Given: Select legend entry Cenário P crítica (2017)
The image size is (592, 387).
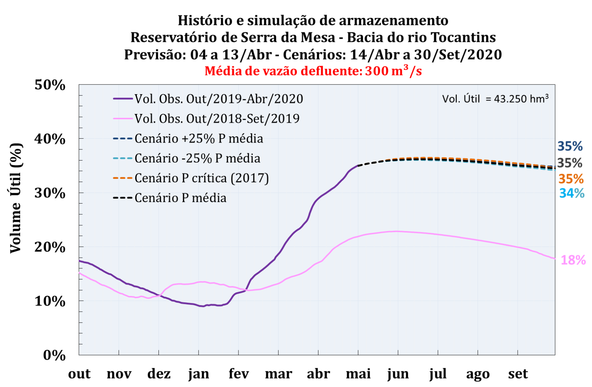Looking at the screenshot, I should click(x=202, y=178).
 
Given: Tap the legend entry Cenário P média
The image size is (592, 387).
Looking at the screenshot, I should click(x=180, y=198).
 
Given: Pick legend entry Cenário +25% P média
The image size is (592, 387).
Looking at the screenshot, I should click(x=199, y=139).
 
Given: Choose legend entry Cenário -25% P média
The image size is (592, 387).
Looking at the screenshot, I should click(x=197, y=158).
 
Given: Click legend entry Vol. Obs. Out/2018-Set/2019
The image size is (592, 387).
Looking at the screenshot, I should click(x=217, y=119).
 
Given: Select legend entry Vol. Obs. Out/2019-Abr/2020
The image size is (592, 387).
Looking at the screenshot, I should click(x=219, y=99).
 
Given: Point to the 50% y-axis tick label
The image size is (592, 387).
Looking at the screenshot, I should click(x=50, y=85).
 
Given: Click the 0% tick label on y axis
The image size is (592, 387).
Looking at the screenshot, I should click(x=54, y=355).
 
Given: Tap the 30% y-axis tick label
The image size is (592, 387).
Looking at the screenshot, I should click(x=50, y=193).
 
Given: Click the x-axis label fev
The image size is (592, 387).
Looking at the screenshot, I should click(x=238, y=374).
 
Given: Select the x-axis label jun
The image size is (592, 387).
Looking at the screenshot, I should click(x=398, y=374).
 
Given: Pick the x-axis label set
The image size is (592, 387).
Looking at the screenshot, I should click(x=518, y=374).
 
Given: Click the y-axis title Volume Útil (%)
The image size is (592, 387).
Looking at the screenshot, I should click(x=15, y=198).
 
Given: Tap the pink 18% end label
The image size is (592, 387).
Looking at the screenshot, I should click(x=573, y=260).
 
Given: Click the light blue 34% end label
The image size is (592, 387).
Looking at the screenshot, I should click(x=572, y=193).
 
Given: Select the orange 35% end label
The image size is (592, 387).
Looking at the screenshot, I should click(x=571, y=179).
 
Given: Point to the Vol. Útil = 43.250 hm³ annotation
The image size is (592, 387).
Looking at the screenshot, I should click(x=495, y=99).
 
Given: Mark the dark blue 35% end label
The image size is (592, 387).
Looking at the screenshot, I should click(x=570, y=146).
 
